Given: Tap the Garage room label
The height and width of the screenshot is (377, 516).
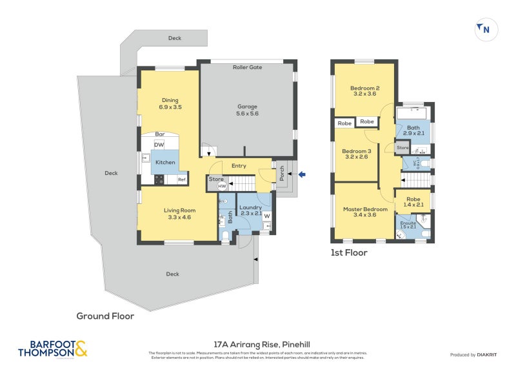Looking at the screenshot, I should (248, 110).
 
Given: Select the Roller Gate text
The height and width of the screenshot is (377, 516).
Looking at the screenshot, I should (247, 67).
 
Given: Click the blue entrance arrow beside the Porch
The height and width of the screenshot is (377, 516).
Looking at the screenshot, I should (303, 174).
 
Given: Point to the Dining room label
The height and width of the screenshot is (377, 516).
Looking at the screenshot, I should (170, 103).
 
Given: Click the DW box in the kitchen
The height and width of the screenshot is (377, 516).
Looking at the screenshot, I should (159, 145).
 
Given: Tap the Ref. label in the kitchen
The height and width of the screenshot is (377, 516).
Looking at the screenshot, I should (182, 179).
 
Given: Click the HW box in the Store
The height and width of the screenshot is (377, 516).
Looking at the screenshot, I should (222, 187).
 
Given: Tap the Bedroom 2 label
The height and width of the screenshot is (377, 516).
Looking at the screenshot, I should (364, 91).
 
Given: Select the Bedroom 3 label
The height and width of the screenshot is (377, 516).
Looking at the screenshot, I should (355, 154).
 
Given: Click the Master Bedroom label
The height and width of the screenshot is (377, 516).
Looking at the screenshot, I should (365, 212).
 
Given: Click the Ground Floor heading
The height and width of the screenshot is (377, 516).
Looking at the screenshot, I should (105, 316).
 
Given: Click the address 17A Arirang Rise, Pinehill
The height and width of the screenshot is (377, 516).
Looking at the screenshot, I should (258, 345).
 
